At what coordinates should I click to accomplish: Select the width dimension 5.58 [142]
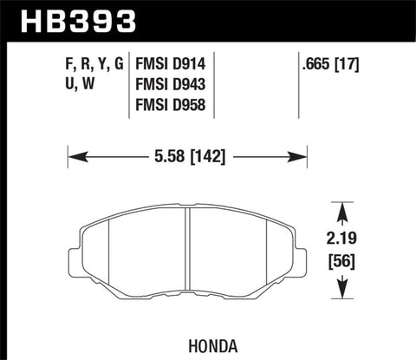[187, 158]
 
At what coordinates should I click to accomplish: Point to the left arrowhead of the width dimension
[74, 158]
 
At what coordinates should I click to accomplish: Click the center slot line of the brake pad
[188, 252]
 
